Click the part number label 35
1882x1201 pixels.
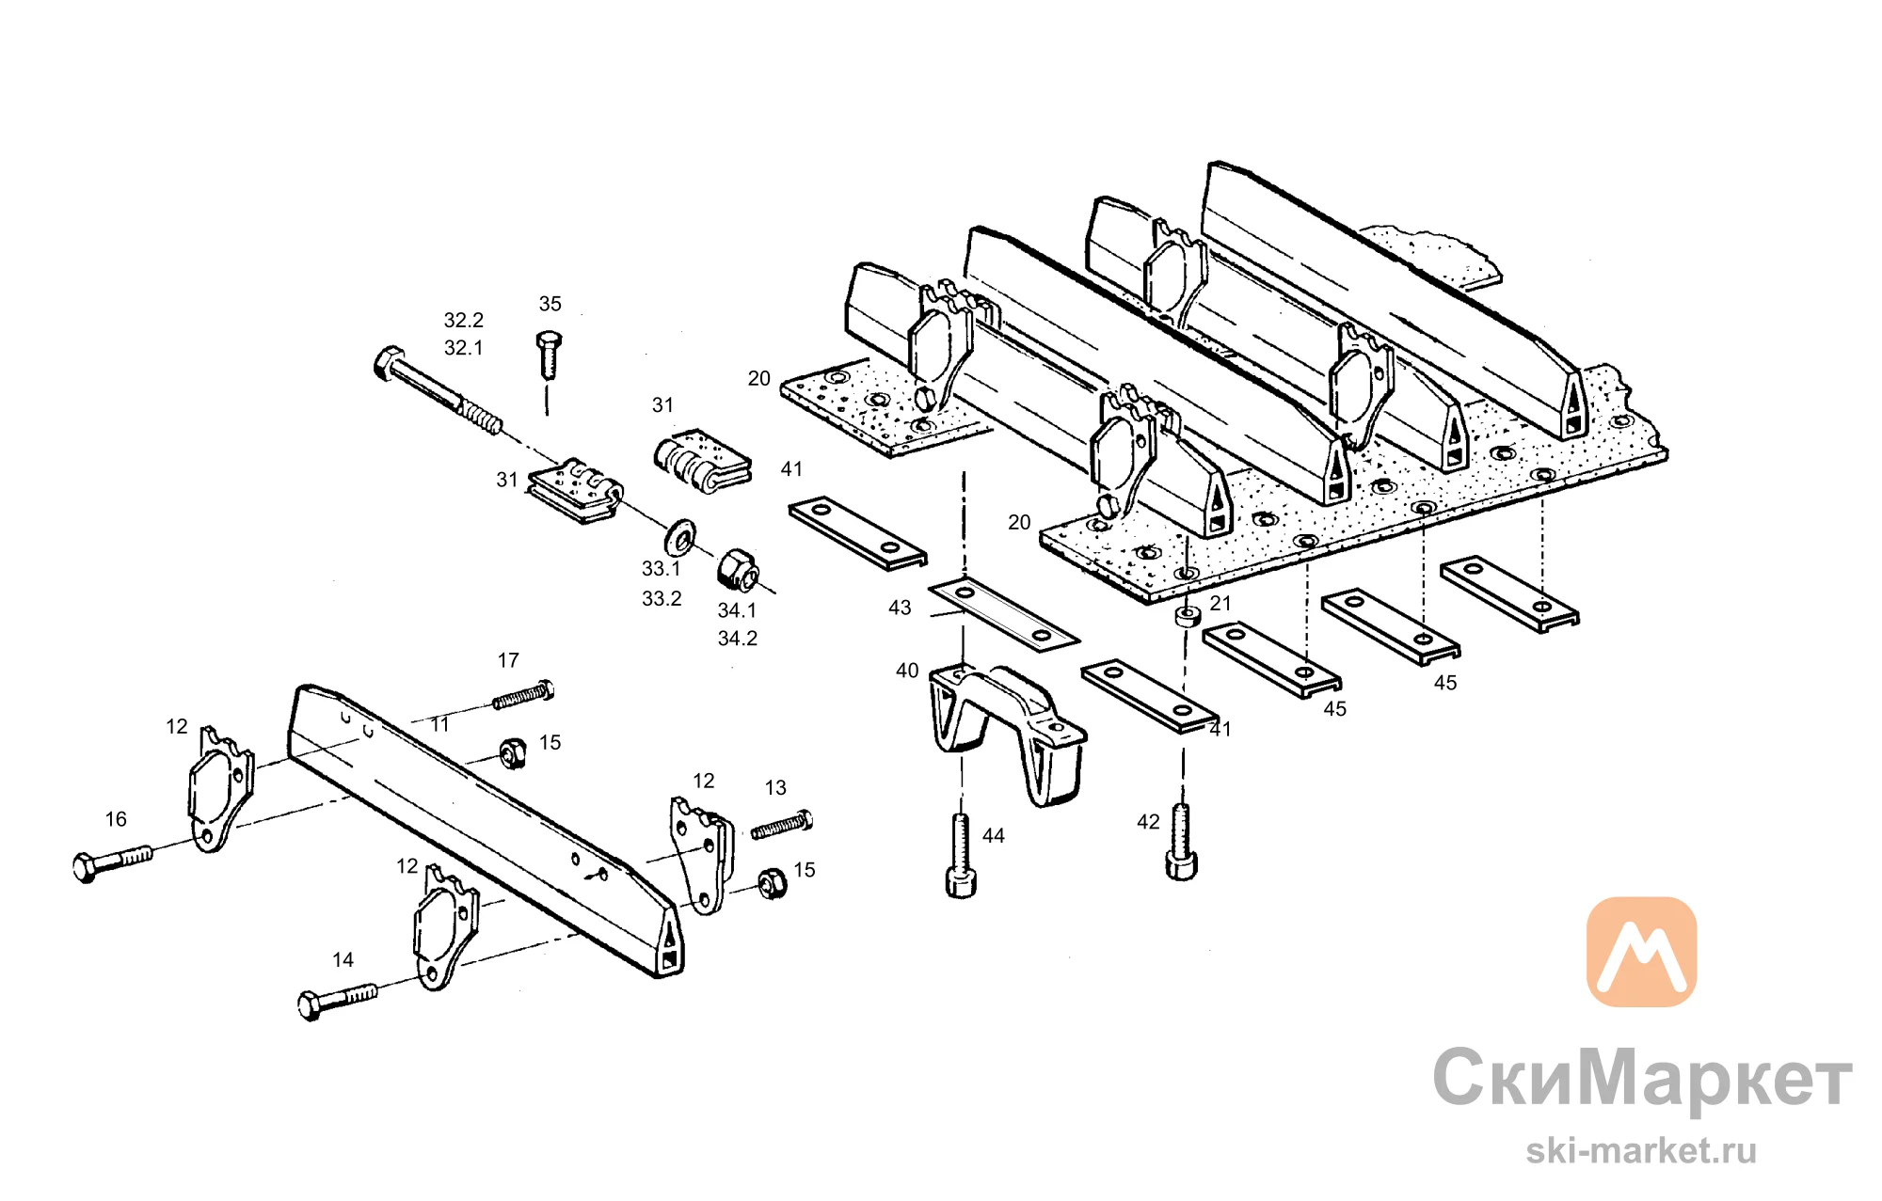coord(550,304)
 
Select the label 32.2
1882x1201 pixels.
coord(464,320)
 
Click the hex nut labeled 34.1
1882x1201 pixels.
coord(738,569)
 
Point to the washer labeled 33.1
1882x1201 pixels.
coord(679,535)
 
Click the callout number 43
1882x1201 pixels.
coord(900,608)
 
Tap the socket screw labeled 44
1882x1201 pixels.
coord(961,856)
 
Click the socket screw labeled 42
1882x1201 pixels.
coord(1181,842)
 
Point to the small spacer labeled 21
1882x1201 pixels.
coord(1188,617)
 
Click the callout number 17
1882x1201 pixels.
coord(508,660)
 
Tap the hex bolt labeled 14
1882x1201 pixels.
coord(337,1001)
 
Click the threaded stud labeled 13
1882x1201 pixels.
coord(781,825)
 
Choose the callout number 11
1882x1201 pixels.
coord(440,724)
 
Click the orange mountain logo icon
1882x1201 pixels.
coord(1641,952)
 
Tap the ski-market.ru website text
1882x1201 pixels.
coord(1641,1150)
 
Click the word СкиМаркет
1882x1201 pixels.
coord(1642,1079)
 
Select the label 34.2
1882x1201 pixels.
coord(738,639)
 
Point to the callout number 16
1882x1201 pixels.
coord(116,819)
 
